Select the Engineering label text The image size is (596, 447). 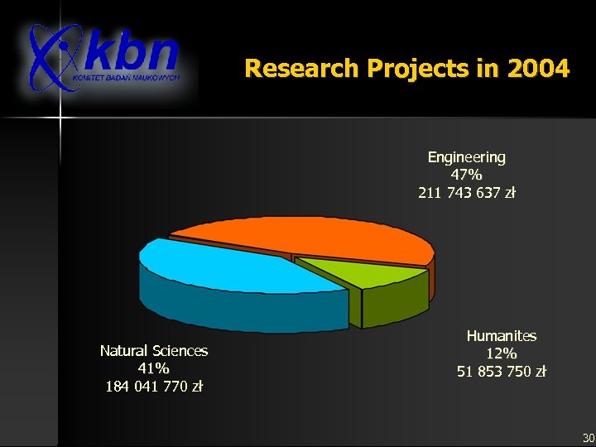coord(467,156)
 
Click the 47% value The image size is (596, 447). coord(467,175)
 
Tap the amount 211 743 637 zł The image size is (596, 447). coord(467,193)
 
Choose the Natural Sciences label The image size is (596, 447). coord(154,351)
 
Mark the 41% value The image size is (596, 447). coord(154,368)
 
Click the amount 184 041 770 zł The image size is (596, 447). coord(154,387)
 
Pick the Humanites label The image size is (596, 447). coord(502,336)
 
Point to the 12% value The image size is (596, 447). coord(502,353)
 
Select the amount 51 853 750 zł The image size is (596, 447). coord(502,372)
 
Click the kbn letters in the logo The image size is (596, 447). coord(132,51)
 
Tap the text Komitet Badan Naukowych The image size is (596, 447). coord(136,78)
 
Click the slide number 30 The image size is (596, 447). coord(588,437)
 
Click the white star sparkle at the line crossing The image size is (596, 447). coord(59,118)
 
